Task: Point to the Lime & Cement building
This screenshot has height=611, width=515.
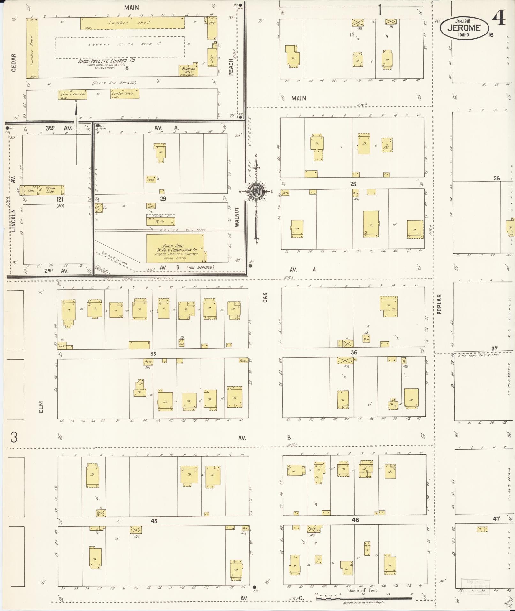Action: tap(72, 94)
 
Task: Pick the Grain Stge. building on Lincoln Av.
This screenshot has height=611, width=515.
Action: tap(50, 190)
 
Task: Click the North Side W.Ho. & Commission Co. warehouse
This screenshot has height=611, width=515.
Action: tap(175, 248)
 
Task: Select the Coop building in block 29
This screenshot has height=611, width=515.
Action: tap(150, 179)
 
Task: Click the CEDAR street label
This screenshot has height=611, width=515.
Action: tap(14, 62)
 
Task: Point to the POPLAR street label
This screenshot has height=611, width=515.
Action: tap(439, 304)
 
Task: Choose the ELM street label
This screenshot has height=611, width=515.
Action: tap(41, 407)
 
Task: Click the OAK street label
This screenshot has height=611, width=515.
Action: tap(265, 297)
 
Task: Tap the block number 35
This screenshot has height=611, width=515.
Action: tap(153, 354)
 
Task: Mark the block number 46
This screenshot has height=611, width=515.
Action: tap(355, 520)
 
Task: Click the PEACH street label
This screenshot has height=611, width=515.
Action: tap(231, 67)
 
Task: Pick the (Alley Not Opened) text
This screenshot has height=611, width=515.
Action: tap(114, 83)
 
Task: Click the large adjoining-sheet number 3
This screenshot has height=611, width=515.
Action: tap(14, 437)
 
